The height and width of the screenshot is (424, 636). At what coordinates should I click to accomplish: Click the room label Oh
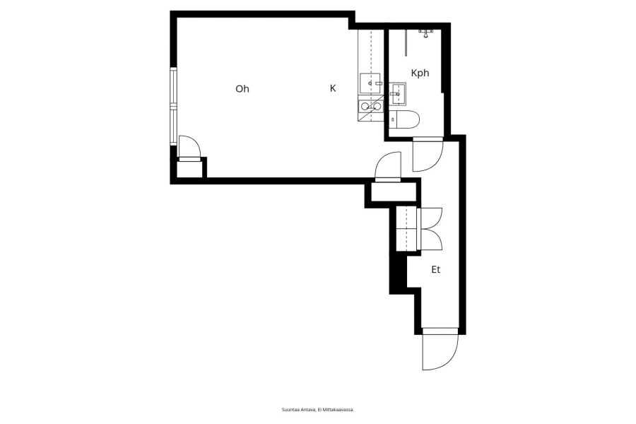coord(242,88)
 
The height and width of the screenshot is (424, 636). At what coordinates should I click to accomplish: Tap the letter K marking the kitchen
coord(333,88)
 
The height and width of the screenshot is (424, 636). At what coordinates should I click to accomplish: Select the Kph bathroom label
coord(420,73)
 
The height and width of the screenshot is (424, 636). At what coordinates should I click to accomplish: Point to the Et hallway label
coord(435,269)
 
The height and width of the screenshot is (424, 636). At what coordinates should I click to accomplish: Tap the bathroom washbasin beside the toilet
coord(397,94)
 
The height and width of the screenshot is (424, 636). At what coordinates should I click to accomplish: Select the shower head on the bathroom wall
coord(425,33)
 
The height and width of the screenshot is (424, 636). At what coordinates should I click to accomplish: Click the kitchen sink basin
coord(370,83)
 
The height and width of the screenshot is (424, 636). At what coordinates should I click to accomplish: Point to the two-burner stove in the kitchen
coord(370,106)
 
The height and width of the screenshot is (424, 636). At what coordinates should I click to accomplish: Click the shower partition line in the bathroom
coord(406,42)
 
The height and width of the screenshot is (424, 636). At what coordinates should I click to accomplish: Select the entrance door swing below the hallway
coord(440,351)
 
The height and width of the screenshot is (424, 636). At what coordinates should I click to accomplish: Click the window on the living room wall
coord(174,106)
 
